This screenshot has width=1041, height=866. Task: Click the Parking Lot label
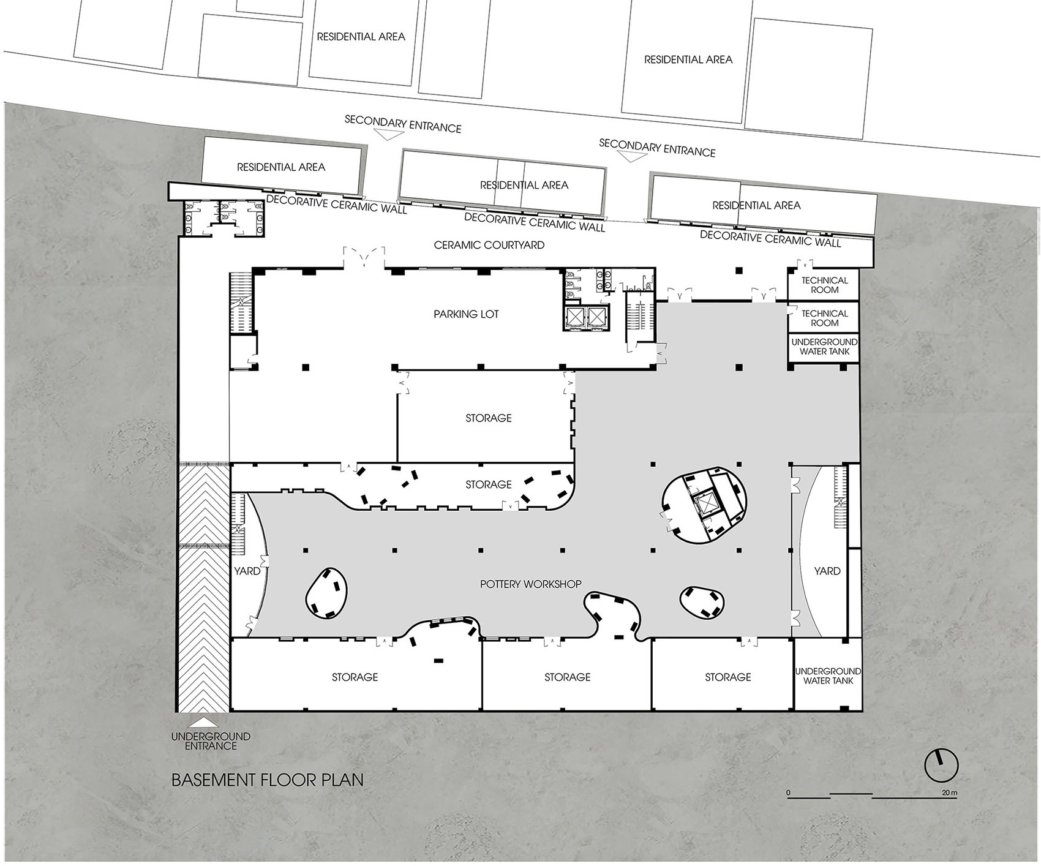(x=466, y=314)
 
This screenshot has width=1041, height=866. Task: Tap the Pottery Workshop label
(x=530, y=584)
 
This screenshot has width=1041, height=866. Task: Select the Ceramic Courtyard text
(x=489, y=245)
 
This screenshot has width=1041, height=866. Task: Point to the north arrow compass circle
(x=941, y=765)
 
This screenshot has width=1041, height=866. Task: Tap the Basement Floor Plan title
(x=268, y=780)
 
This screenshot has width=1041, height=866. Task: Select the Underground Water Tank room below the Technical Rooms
(x=824, y=347)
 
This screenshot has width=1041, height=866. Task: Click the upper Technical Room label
(x=824, y=285)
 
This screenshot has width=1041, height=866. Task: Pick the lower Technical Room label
(x=824, y=318)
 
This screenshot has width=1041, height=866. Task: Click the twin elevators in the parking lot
(x=586, y=317)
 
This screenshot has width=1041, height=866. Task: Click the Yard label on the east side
(x=827, y=571)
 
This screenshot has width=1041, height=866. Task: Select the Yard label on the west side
(x=247, y=571)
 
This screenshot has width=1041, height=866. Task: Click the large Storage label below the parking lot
(x=488, y=418)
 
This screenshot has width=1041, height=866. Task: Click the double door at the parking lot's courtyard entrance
(x=364, y=258)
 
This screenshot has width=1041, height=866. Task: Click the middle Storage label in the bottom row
(x=567, y=677)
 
